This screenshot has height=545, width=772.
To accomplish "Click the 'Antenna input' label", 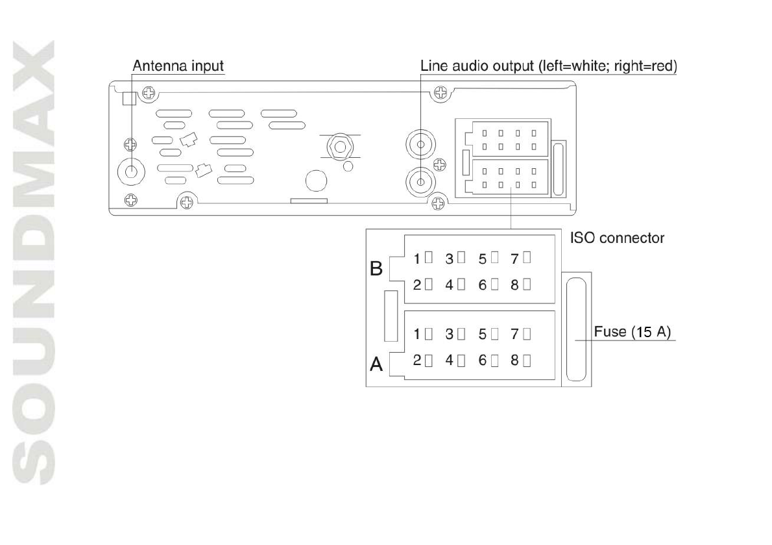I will [x=178, y=66].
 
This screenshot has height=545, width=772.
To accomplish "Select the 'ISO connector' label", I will [x=617, y=238].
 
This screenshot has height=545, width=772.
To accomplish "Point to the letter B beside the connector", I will [x=376, y=269].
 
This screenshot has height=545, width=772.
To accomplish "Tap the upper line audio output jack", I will [x=419, y=144].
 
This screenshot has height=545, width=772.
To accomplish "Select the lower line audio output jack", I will [x=419, y=179].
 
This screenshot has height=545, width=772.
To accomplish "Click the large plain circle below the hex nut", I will [x=316, y=180].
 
